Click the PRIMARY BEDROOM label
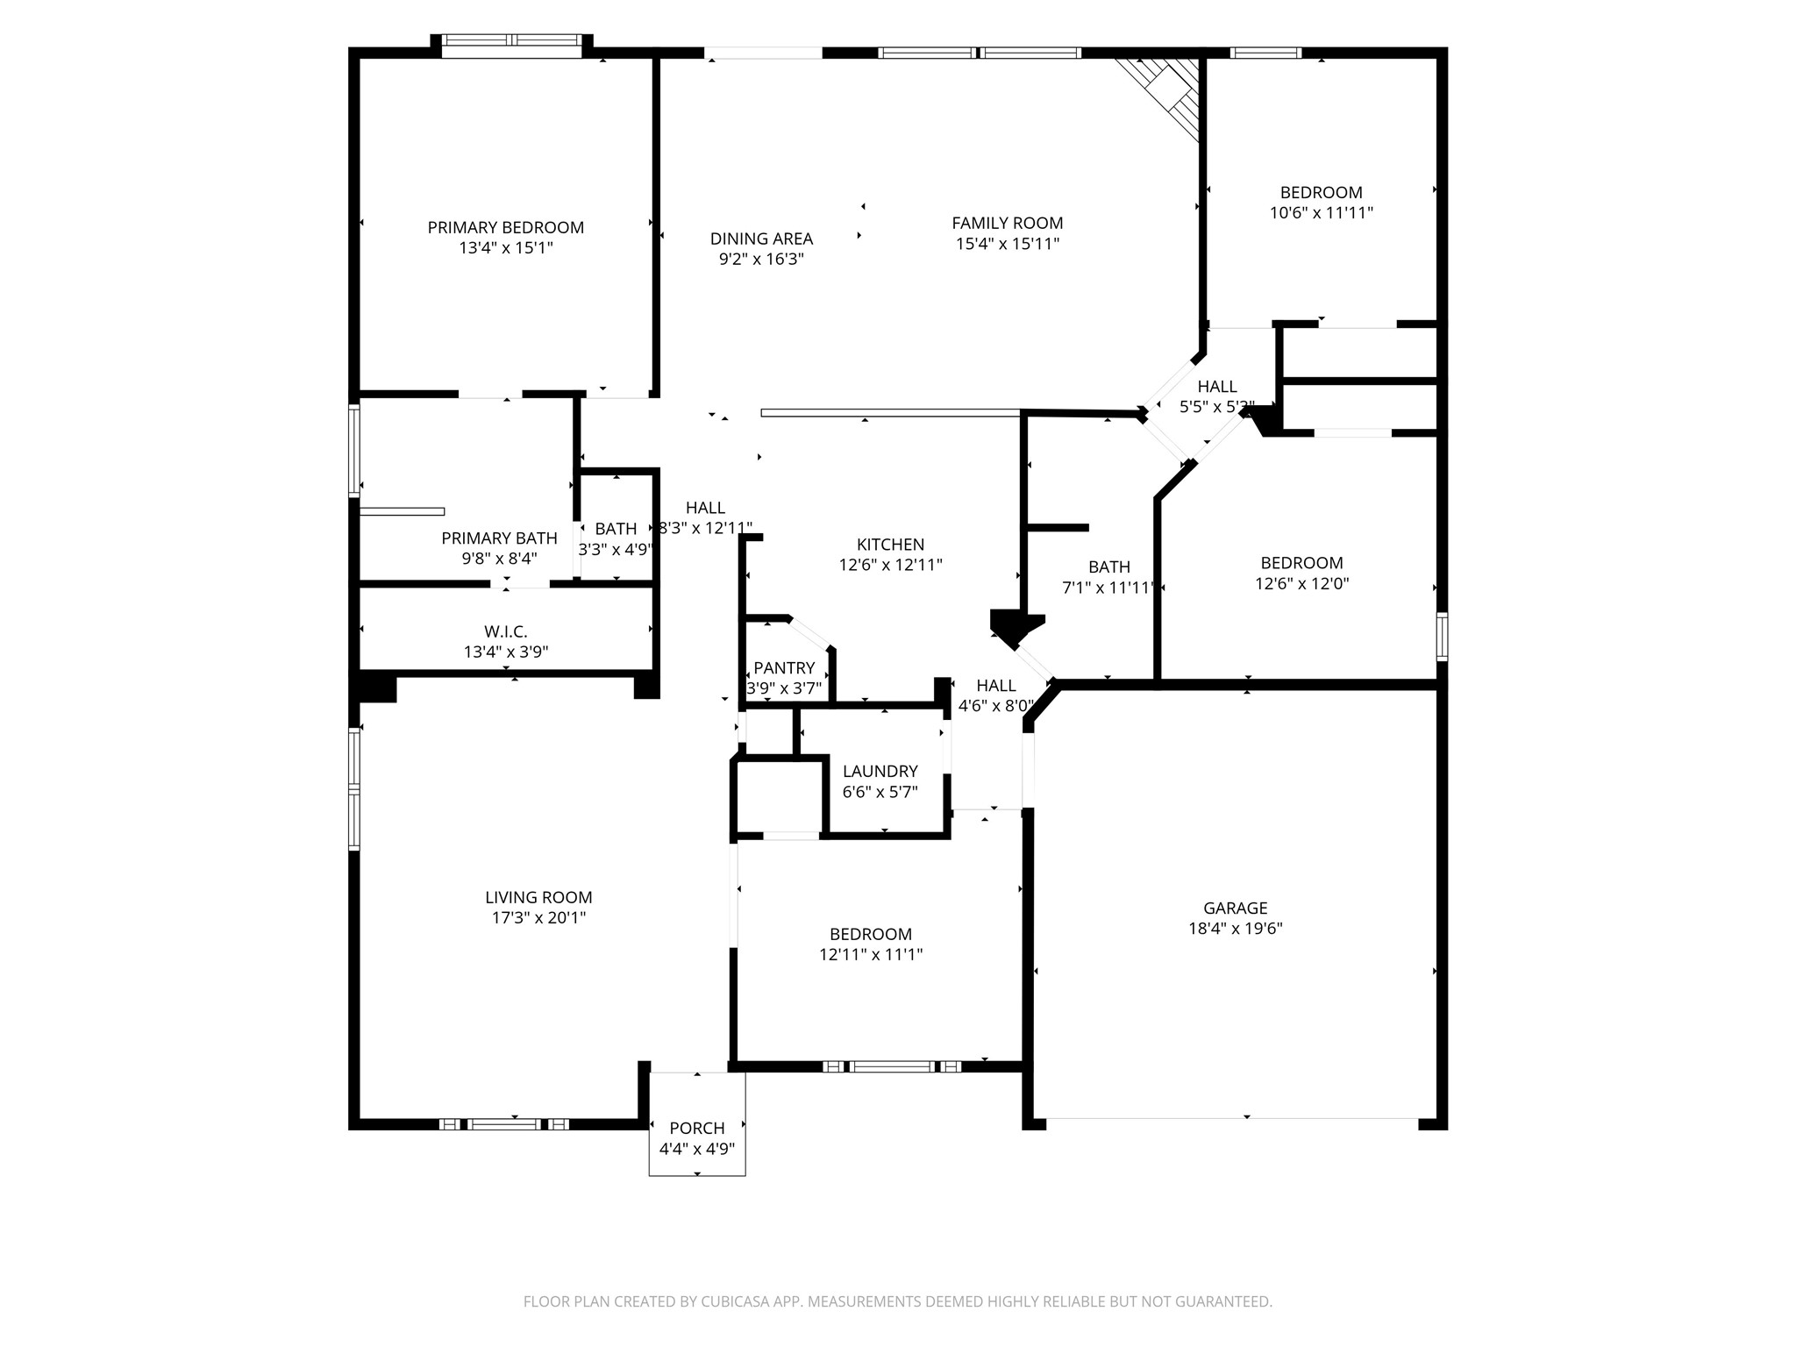(505, 227)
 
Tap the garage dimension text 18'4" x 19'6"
(1235, 929)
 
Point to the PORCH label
(696, 1128)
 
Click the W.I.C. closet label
(505, 631)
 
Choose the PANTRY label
(783, 668)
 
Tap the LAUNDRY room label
(880, 771)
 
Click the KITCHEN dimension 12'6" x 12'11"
(890, 565)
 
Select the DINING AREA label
(761, 239)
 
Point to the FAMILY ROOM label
(1007, 223)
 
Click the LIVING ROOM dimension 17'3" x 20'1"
(538, 918)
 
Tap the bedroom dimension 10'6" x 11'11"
(1321, 213)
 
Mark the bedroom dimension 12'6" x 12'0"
(1301, 584)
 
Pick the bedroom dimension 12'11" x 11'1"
(871, 955)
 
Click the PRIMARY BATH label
(499, 538)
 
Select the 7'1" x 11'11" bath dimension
(1108, 588)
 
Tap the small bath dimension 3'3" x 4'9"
(616, 550)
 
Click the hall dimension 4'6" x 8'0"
(995, 706)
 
